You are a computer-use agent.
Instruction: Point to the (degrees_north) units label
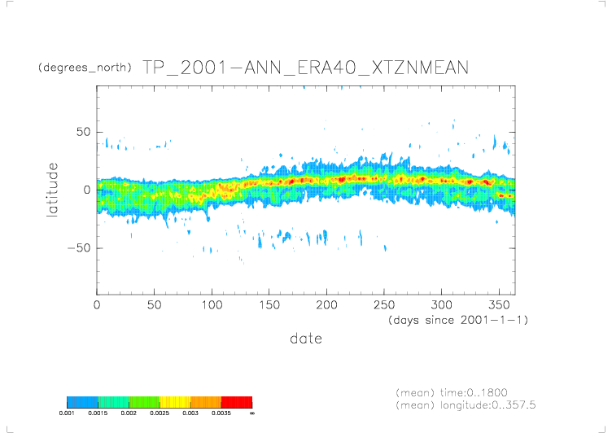[x=85, y=68]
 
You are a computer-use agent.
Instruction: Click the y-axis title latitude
[x=53, y=190]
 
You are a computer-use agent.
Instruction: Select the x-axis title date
[x=305, y=338]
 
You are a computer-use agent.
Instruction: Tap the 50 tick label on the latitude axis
[x=82, y=132]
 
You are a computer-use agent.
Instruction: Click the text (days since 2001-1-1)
[x=458, y=320]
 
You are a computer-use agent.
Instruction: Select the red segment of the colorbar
[x=237, y=402]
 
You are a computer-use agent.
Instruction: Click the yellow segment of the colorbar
[x=175, y=402]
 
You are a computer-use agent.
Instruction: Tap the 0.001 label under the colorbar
[x=67, y=413]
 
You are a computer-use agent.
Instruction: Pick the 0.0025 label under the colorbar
[x=160, y=413]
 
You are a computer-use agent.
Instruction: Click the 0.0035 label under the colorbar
[x=221, y=413]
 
